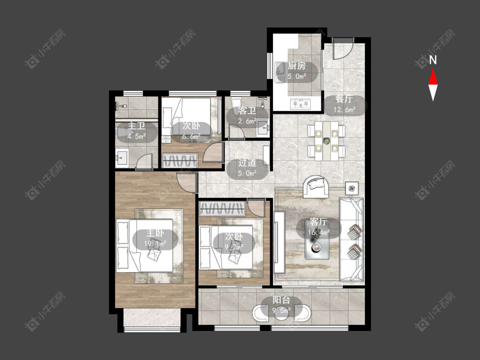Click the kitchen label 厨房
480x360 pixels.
(x=297, y=66)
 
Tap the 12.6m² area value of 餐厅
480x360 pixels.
(x=344, y=109)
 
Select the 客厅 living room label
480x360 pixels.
(x=318, y=222)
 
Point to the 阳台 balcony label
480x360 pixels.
(x=281, y=300)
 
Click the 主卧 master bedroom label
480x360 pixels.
(x=155, y=233)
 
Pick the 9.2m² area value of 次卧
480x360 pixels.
(x=234, y=247)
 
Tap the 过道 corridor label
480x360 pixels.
(x=247, y=163)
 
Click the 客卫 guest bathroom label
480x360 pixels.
(x=247, y=110)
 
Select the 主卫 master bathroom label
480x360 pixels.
(x=136, y=126)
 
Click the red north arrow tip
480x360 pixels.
(x=433, y=69)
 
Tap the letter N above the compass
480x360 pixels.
(x=433, y=60)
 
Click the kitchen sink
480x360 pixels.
(x=280, y=72)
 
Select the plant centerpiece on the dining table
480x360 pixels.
(x=327, y=140)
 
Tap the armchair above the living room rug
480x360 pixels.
(x=316, y=186)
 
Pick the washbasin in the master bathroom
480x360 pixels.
(x=122, y=158)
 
